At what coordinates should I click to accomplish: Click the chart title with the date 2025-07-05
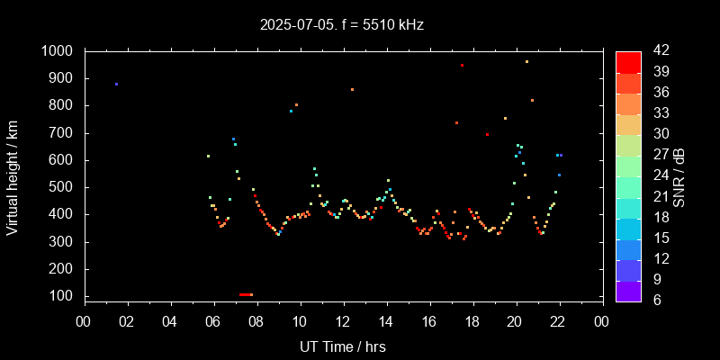341,24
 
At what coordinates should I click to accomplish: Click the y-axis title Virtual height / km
13,175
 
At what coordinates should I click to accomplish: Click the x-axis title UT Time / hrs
343,346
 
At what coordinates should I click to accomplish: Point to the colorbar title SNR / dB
680,175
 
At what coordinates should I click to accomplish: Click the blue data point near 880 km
116,84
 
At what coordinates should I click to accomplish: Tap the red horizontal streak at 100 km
246,294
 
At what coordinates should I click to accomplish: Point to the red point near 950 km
462,65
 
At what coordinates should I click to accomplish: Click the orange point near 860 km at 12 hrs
352,89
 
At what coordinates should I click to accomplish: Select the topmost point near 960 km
526,61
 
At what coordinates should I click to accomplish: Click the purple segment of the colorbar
628,291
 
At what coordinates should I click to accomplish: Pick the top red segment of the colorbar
628,61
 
